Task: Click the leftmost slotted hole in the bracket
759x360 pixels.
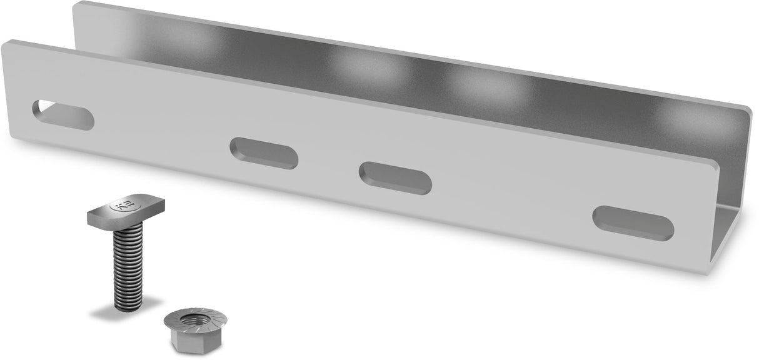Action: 63,114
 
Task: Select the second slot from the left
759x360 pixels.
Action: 264,152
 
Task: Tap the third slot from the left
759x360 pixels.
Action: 396,177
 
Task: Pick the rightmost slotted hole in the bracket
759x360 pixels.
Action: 633,223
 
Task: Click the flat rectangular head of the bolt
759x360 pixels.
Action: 125,211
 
